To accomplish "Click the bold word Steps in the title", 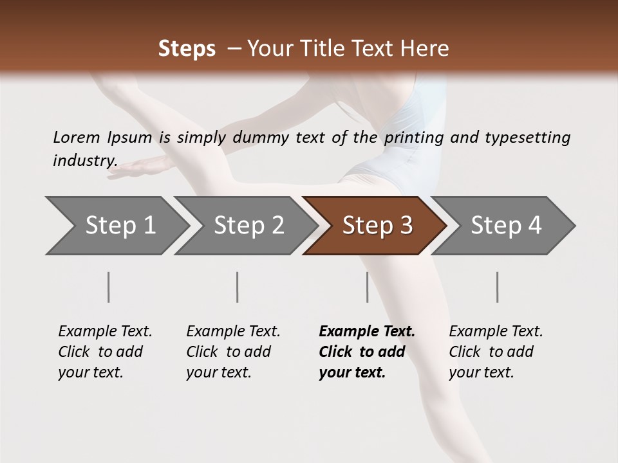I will [187, 49].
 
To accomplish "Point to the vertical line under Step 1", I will [109, 287].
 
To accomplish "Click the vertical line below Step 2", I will [238, 287].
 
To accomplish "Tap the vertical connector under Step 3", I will [367, 287].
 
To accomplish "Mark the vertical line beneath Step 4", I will [497, 287].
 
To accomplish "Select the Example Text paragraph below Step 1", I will [105, 351].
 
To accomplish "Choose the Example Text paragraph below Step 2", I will [233, 351].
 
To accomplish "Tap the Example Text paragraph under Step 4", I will [496, 351].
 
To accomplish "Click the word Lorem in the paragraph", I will [76, 137].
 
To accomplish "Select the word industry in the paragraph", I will [84, 160].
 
